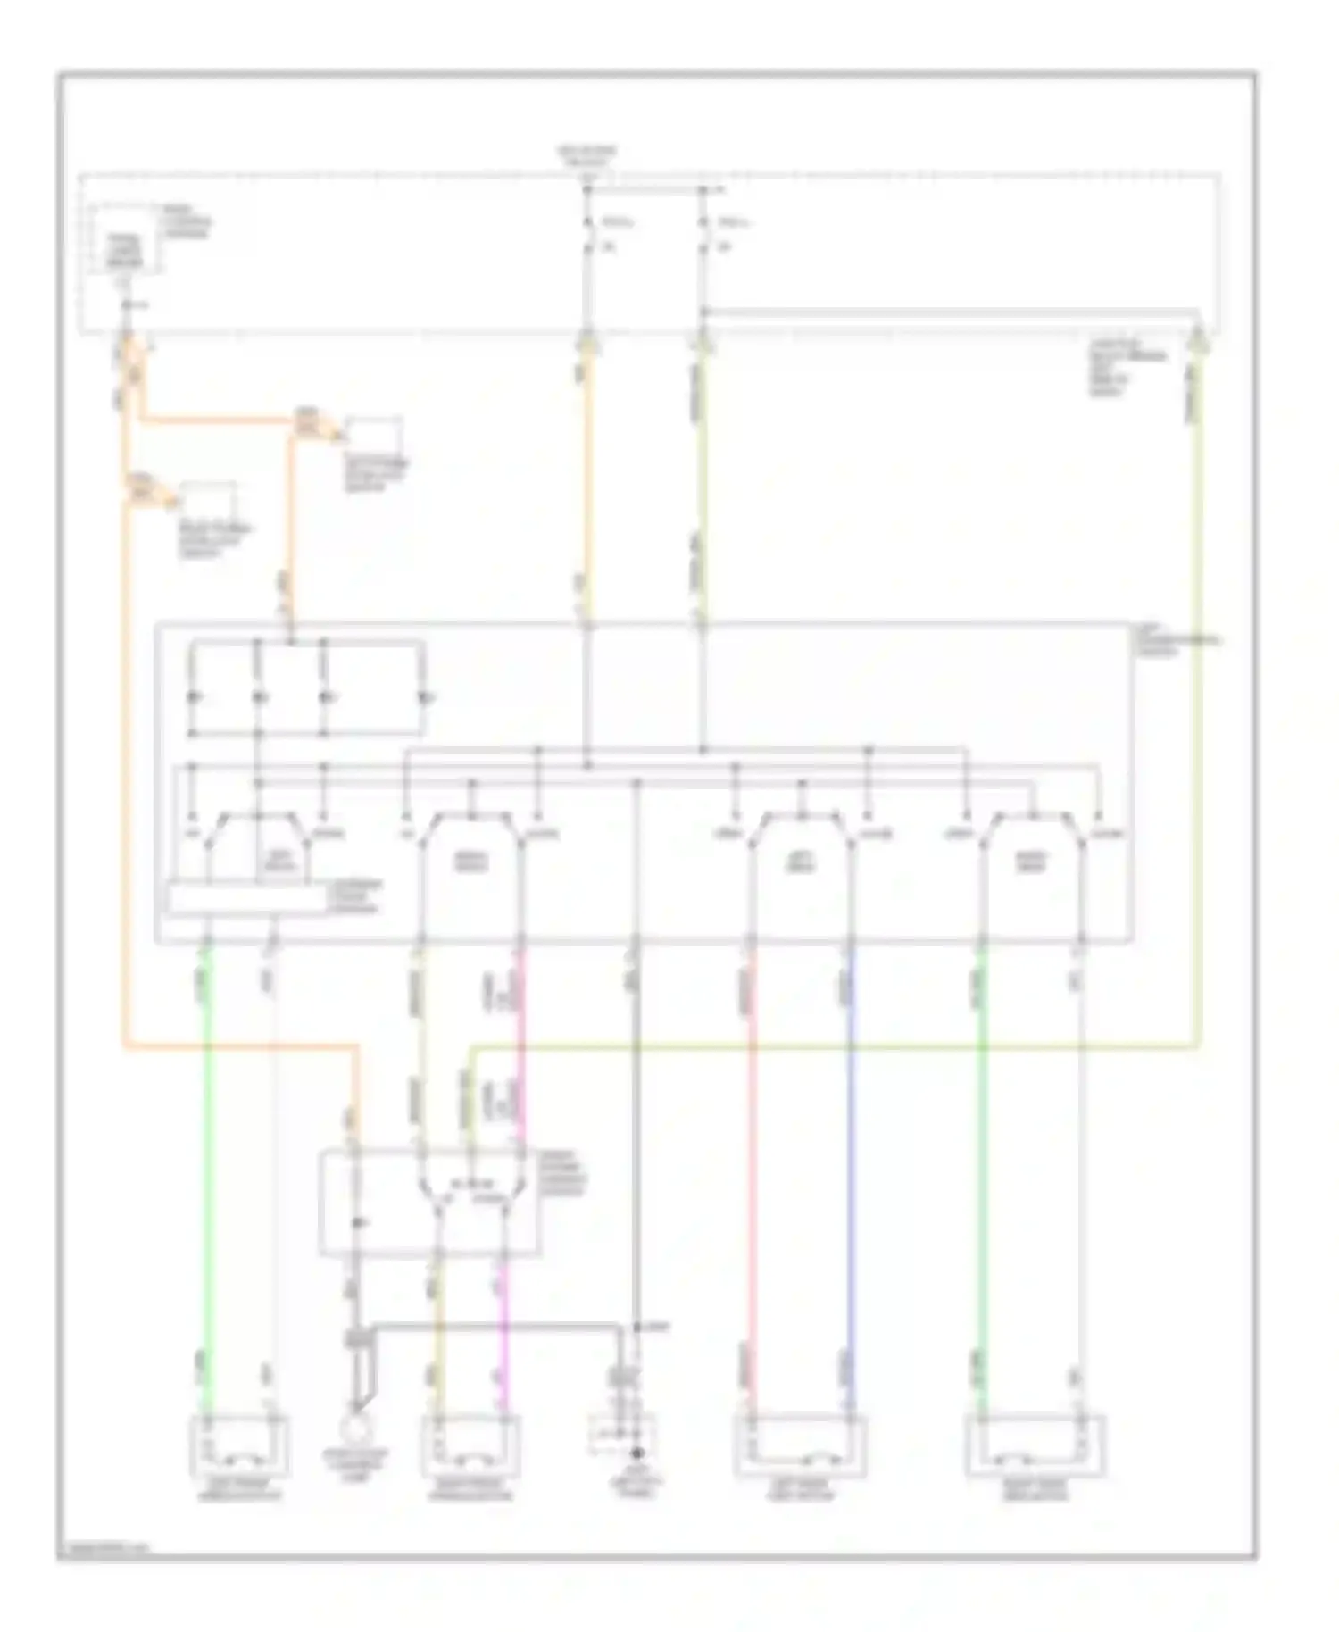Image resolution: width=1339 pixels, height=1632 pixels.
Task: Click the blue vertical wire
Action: point(850,1161)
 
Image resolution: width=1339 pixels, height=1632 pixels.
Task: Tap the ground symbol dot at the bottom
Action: point(636,1453)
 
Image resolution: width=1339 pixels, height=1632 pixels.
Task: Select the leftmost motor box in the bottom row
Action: point(239,1446)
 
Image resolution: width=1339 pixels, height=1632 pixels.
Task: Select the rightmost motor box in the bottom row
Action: point(1035,1446)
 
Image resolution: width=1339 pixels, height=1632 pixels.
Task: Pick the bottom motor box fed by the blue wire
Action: point(800,1446)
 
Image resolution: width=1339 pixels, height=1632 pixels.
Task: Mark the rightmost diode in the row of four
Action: point(425,696)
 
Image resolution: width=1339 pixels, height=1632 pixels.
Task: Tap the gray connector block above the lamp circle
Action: point(356,1339)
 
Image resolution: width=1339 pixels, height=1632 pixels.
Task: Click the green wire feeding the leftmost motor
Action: point(207,1161)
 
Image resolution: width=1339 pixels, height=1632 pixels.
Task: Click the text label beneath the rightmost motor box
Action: point(1035,1491)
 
